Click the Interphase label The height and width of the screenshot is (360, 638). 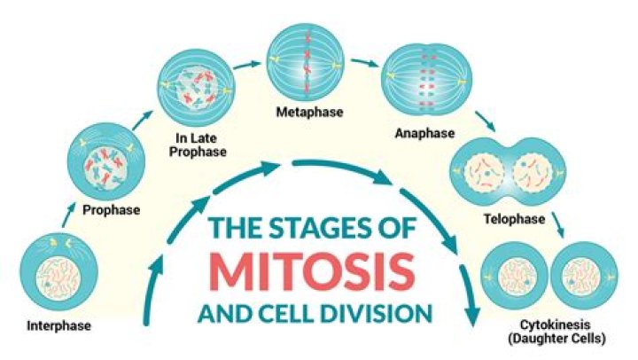tap(58, 325)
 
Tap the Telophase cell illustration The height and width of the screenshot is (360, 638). tap(508, 168)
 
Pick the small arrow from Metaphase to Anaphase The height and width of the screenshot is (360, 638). tap(361, 64)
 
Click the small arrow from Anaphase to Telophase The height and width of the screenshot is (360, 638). tap(486, 119)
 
